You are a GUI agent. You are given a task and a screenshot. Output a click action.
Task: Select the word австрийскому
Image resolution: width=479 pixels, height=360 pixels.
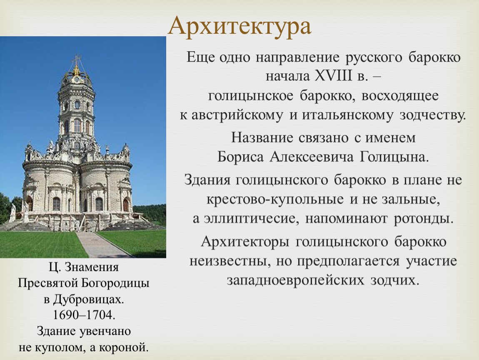point(237,115)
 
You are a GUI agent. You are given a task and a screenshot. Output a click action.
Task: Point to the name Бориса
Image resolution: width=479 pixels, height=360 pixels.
point(240,157)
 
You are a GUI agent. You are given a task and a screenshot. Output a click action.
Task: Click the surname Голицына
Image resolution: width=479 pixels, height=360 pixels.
point(394,157)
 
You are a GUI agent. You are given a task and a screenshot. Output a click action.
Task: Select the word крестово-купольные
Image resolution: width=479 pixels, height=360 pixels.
point(275,200)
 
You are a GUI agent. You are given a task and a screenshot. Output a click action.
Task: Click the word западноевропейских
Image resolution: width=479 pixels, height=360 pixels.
point(295,280)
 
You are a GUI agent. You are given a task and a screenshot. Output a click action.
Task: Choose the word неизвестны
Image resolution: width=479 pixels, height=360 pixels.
point(230,261)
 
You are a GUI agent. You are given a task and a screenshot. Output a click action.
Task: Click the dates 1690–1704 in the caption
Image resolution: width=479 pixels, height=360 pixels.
point(84,315)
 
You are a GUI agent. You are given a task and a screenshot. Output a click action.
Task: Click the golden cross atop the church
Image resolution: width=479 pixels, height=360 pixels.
point(76,60)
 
